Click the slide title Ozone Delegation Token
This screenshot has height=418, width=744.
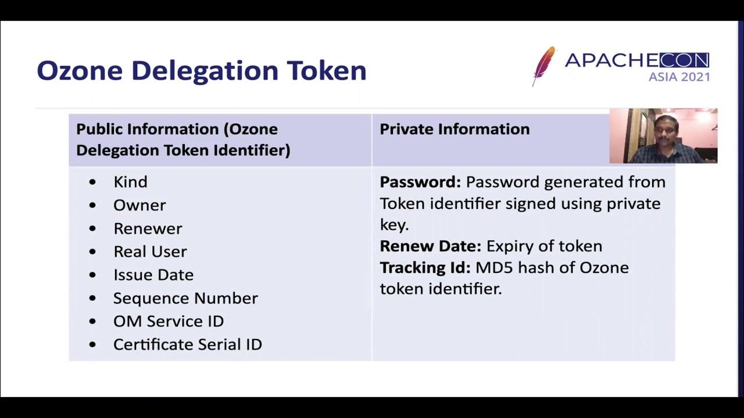tap(201, 71)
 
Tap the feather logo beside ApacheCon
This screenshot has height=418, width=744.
tap(543, 65)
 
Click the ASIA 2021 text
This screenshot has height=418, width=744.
tap(679, 77)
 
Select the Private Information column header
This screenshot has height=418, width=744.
tap(455, 129)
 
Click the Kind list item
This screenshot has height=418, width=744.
tap(130, 182)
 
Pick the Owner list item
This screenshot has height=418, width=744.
tap(139, 205)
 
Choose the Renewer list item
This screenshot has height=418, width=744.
tap(148, 228)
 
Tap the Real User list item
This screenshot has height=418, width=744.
tap(150, 251)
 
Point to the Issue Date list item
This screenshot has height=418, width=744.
tap(153, 275)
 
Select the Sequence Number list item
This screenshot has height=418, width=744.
tap(185, 298)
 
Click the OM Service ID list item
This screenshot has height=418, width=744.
tap(169, 321)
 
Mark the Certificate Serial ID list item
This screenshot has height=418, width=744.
tap(187, 344)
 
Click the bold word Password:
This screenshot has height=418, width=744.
tap(420, 182)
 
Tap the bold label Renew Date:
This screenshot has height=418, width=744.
tap(431, 246)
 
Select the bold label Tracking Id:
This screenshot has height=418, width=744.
tap(425, 268)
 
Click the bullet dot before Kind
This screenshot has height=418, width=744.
tap(93, 182)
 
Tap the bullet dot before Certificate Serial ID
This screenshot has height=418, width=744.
tap(93, 344)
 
